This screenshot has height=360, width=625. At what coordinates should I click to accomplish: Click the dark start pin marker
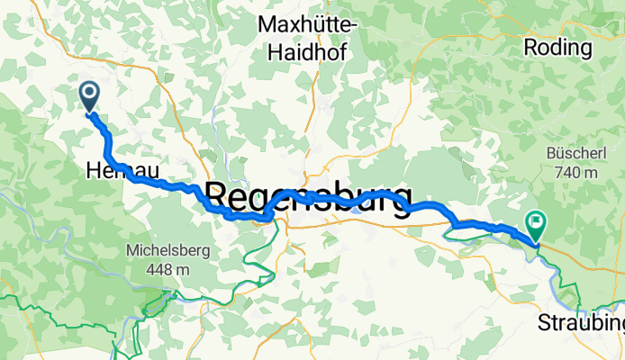click(90, 94)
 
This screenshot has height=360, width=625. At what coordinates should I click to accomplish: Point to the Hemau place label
click(112, 168)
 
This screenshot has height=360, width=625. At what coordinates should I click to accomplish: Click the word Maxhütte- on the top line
click(307, 24)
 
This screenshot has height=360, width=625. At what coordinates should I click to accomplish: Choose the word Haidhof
click(307, 52)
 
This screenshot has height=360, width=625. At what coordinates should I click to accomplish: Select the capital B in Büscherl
click(551, 154)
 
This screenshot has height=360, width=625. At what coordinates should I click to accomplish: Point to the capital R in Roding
click(531, 48)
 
